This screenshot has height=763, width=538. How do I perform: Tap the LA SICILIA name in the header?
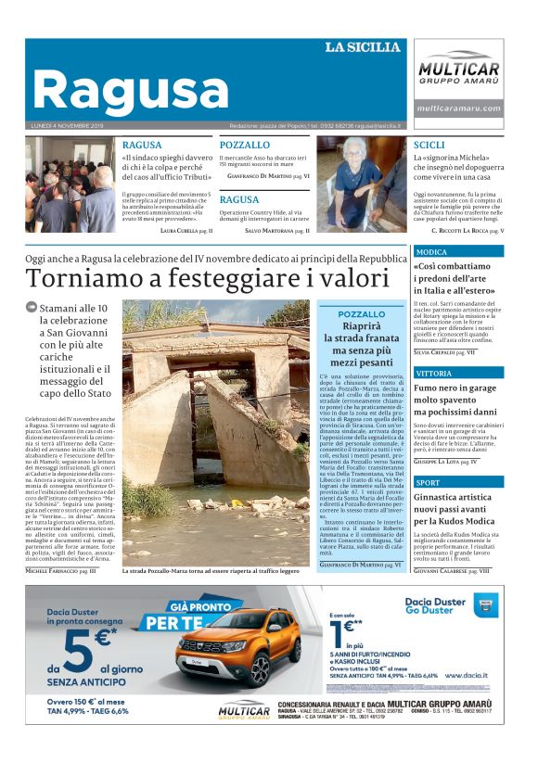coord(362,47)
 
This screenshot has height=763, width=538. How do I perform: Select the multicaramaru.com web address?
coord(458,108)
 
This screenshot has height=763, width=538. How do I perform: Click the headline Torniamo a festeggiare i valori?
coord(208,278)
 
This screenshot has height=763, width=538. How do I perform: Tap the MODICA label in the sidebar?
coord(432,251)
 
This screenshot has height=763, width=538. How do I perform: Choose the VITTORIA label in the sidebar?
coord(434,372)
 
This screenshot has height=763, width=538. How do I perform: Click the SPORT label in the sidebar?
coord(429,482)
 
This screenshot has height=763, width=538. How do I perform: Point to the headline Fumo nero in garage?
coord(456,389)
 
